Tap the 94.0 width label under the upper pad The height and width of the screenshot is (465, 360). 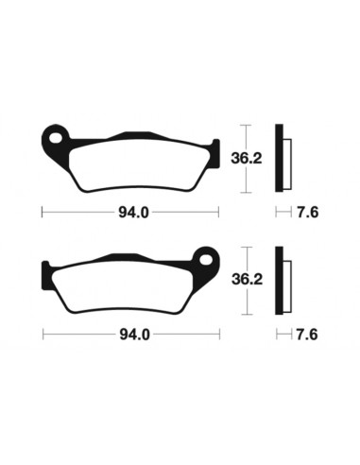click(x=131, y=212)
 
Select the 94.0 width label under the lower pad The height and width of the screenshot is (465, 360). click(x=131, y=334)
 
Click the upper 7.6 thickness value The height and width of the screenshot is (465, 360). click(x=304, y=212)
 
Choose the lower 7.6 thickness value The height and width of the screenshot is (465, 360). click(x=304, y=334)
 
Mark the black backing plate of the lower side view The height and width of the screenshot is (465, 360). click(x=280, y=280)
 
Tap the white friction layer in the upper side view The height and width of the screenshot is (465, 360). click(x=288, y=161)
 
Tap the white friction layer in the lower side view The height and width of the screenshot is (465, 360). click(x=288, y=282)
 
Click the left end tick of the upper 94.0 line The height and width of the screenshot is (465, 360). click(x=43, y=212)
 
